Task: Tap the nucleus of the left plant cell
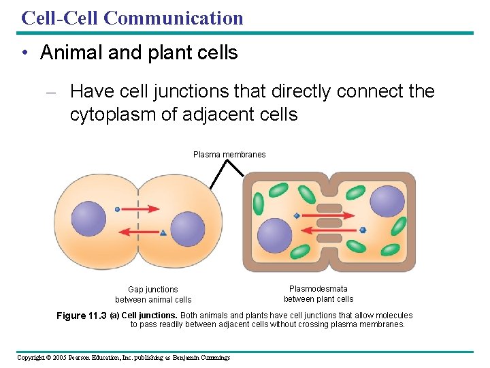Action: (274, 234)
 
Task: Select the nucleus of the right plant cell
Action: (387, 201)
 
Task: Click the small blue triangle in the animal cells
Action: (163, 233)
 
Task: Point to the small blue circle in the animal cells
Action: (117, 209)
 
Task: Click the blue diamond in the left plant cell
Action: (297, 216)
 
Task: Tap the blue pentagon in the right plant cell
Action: (363, 230)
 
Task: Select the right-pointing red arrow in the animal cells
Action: (139, 209)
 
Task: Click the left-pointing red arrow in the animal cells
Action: (139, 232)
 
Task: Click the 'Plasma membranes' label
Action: (229, 155)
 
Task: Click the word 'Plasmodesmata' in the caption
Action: (318, 289)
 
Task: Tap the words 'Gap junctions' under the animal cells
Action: (153, 290)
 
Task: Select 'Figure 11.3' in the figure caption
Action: (81, 316)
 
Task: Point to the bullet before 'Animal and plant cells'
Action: (24, 53)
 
